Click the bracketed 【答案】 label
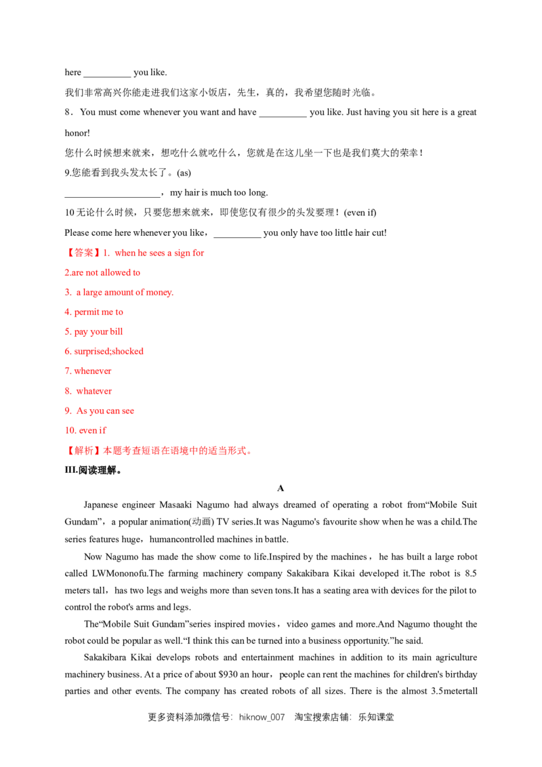81,253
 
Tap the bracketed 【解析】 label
83,450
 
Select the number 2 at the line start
66,272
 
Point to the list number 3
66,292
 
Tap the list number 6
67,352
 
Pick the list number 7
67,371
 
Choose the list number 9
67,411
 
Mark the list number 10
69,430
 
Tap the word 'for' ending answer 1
198,253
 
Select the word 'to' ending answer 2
136,272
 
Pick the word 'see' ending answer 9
128,411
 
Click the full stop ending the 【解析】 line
251,452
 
